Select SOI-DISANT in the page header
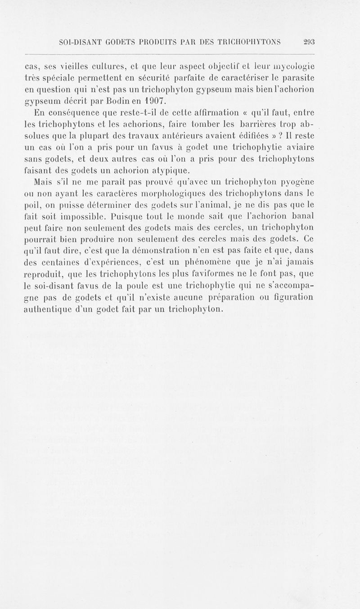point(82,42)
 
